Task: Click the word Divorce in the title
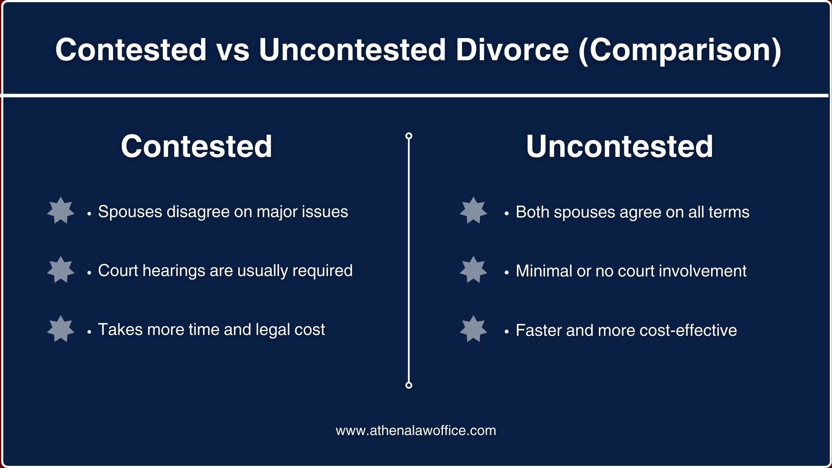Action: tap(512, 50)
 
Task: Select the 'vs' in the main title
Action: tap(233, 50)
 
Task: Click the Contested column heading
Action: tap(196, 146)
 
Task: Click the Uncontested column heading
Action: tap(619, 146)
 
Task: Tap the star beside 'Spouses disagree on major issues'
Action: tap(61, 211)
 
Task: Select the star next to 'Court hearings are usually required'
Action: tap(61, 270)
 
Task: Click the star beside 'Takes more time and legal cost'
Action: tap(61, 329)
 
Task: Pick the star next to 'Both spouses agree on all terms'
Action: tap(473, 211)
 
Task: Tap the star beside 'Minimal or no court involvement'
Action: tap(473, 270)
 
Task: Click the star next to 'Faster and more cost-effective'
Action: tap(473, 329)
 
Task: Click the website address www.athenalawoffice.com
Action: tap(416, 431)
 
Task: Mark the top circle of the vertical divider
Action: tap(409, 136)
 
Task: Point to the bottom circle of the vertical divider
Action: tap(409, 385)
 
